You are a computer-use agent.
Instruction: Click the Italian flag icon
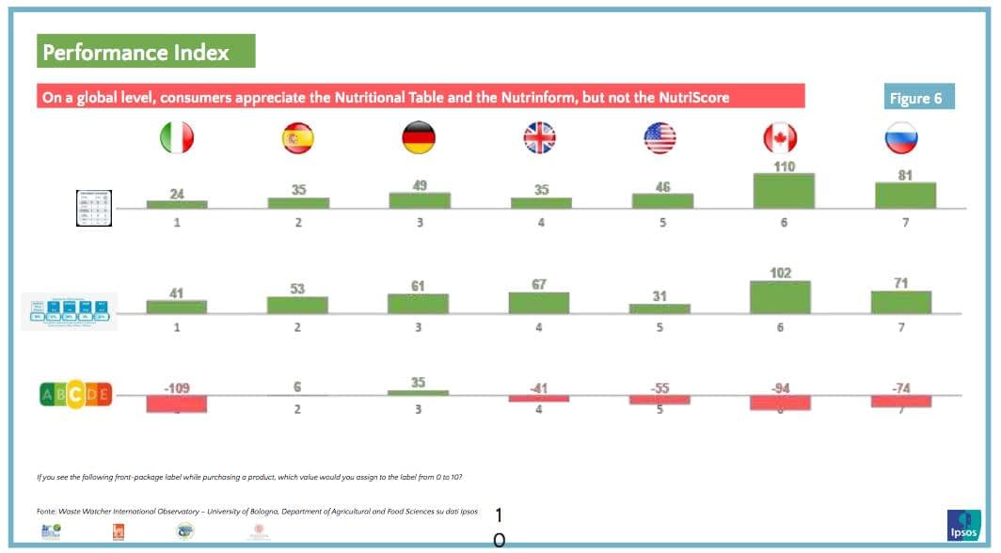(177, 138)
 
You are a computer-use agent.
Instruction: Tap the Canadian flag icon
(780, 138)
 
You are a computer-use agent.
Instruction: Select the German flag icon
(418, 138)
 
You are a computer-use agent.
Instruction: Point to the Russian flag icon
(901, 138)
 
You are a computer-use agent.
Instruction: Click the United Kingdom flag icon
(539, 138)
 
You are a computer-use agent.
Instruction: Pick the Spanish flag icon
(297, 138)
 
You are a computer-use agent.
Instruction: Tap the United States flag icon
(659, 138)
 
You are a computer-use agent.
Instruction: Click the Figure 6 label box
(917, 98)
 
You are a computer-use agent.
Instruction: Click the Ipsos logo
(964, 525)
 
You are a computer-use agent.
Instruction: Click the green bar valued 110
(784, 191)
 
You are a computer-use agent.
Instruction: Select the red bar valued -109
(176, 403)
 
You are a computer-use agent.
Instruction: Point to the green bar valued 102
(780, 297)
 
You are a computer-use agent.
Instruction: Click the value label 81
(905, 175)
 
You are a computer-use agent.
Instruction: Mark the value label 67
(539, 284)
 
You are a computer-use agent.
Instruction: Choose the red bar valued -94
(780, 403)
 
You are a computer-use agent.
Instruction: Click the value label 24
(177, 194)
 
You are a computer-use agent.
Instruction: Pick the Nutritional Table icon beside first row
(101, 208)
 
